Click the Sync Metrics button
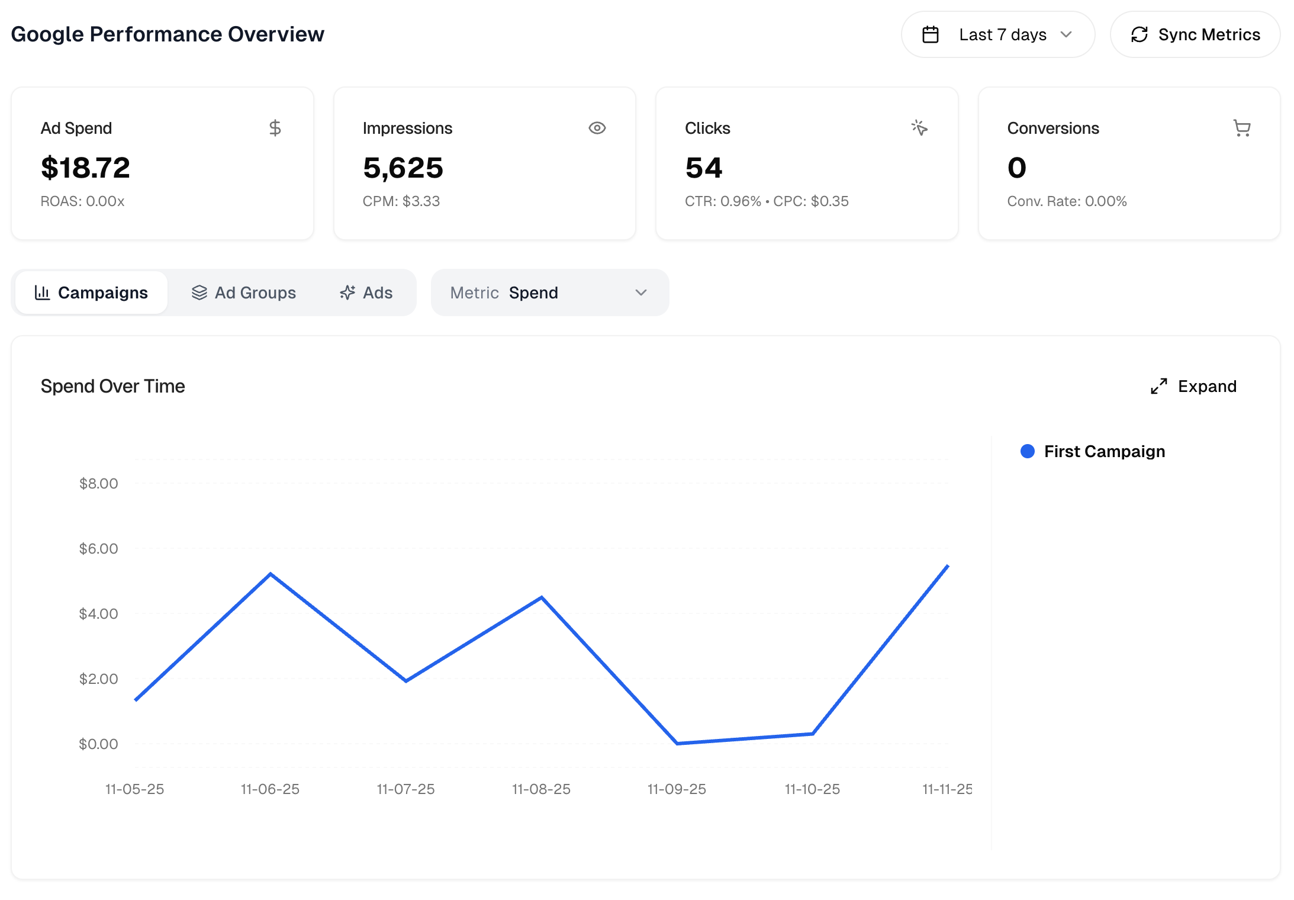click(x=1195, y=35)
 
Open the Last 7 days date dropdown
click(x=997, y=35)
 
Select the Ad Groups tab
click(x=243, y=292)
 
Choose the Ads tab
click(x=366, y=292)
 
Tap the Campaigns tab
click(x=91, y=292)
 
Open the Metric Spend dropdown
click(x=549, y=292)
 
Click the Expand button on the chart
click(x=1193, y=386)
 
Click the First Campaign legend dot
click(x=1027, y=451)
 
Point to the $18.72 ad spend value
click(x=85, y=168)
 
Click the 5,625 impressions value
click(x=403, y=168)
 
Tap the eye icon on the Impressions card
click(x=597, y=128)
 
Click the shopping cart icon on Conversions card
click(x=1241, y=128)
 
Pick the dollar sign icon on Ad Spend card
click(x=275, y=128)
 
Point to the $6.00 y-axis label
click(x=98, y=548)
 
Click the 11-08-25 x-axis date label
click(x=541, y=789)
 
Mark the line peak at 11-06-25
click(x=271, y=574)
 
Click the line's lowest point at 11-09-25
click(x=677, y=742)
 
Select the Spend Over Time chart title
click(x=112, y=386)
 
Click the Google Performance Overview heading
click(x=168, y=34)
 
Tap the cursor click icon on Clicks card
click(x=919, y=127)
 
